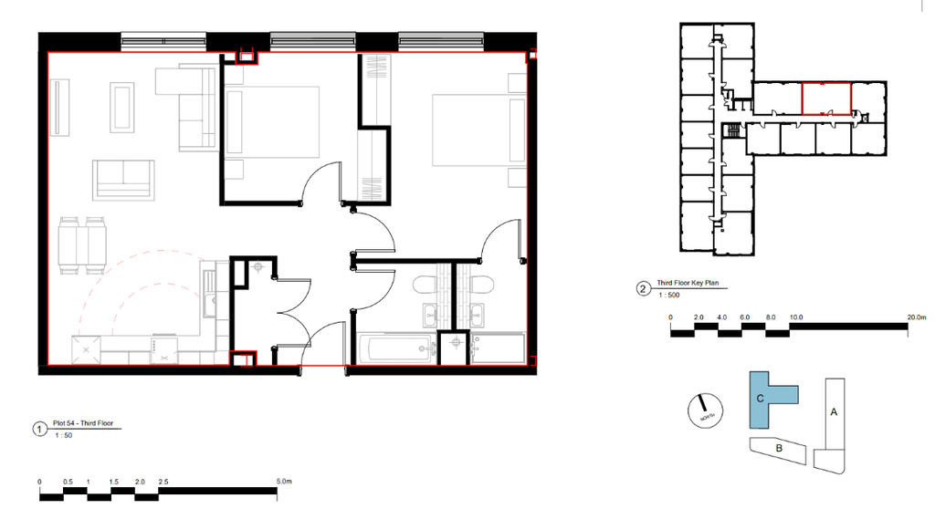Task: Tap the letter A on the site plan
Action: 833,411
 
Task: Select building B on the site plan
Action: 778,448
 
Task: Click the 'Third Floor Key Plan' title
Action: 688,285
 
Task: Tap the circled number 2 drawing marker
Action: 643,290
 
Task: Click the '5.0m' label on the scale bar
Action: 282,481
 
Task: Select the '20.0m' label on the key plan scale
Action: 916,317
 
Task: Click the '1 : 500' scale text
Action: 670,295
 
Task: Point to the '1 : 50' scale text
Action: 64,436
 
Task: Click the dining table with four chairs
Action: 81,244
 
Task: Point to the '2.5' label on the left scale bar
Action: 163,481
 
